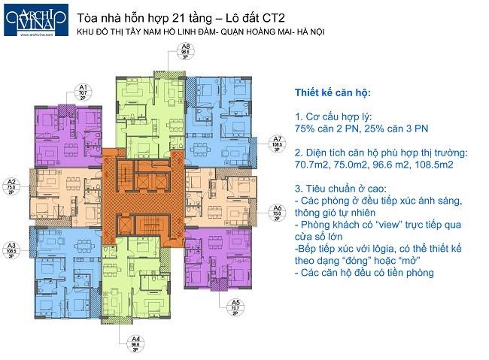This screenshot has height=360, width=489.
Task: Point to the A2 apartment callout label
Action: click(11, 186)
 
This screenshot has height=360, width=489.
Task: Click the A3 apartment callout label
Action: click(11, 250)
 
